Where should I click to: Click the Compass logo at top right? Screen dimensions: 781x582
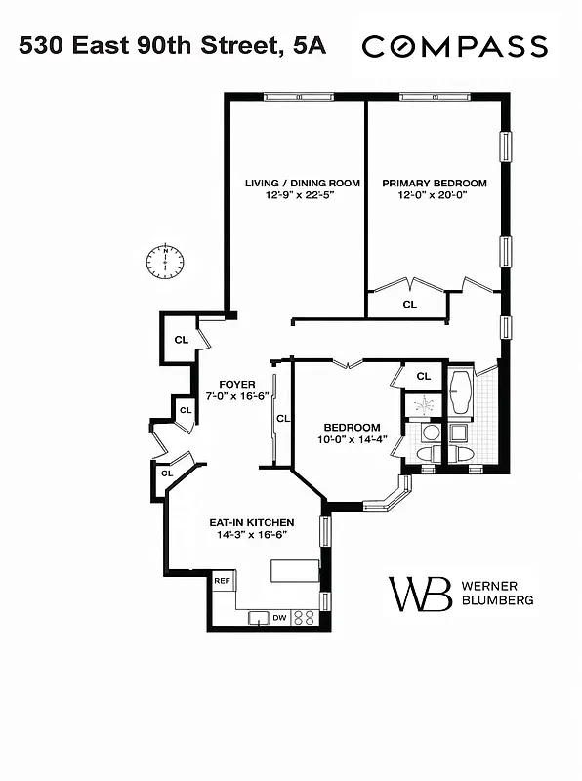pos(455,46)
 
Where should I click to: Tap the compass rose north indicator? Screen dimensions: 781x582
pos(165,261)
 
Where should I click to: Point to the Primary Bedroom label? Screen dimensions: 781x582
pos(434,183)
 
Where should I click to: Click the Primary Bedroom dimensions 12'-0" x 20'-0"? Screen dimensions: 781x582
pos(434,195)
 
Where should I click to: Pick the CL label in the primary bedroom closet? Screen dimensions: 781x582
pos(409,304)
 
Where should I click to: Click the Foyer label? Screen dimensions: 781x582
pos(236,384)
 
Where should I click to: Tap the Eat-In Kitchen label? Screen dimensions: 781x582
pos(252,522)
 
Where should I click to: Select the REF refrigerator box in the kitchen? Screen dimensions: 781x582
pos(223,581)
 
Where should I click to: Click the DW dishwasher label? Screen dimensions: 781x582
pos(279,617)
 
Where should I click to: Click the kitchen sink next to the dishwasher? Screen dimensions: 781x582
pos(258,616)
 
